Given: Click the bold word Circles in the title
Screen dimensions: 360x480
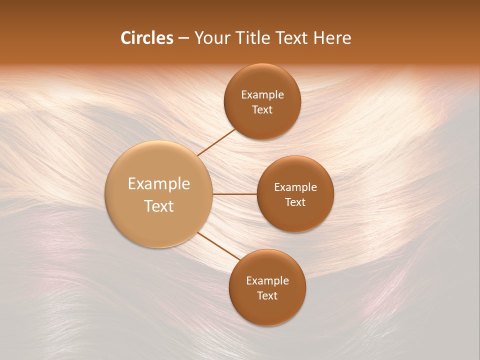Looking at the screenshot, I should click(x=146, y=38).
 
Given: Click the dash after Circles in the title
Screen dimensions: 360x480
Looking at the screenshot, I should click(x=183, y=38).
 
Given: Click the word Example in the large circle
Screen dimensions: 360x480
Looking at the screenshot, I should click(x=159, y=184).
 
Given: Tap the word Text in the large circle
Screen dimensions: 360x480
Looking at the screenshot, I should click(x=159, y=206).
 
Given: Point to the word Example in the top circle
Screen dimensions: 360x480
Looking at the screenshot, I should click(x=262, y=95).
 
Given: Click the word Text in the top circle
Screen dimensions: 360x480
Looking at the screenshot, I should click(x=262, y=110).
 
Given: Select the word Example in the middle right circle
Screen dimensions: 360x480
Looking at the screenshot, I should click(x=295, y=187).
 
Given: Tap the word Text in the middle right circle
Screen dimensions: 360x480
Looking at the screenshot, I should click(x=295, y=202).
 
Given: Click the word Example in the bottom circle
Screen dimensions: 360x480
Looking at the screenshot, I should click(x=267, y=281).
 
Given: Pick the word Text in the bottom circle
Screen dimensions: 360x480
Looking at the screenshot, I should click(x=267, y=296).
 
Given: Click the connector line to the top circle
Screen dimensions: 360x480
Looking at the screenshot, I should click(x=216, y=142).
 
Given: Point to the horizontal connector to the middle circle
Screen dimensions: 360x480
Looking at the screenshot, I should click(x=234, y=194).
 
